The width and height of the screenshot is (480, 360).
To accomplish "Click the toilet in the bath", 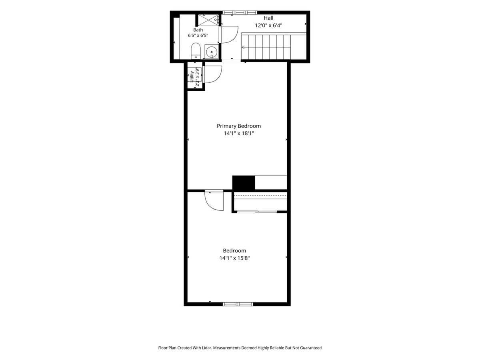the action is pos(196,51).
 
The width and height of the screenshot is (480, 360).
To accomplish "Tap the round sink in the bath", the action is pos(212,52).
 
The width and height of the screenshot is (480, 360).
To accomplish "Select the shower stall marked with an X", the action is pos(208,20).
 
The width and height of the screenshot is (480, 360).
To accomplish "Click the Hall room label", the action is pos(268,18).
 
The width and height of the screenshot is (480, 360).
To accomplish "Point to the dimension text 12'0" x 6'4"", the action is pos(268,26).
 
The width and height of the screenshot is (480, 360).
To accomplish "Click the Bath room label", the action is pos(198,30).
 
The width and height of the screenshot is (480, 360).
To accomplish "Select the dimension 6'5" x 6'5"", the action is pos(198,36).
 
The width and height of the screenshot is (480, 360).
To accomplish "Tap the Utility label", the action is pos(192,77).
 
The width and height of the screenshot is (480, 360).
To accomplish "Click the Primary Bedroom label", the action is pos(238,126).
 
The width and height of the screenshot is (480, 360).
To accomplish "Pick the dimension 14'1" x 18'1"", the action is pos(238,133).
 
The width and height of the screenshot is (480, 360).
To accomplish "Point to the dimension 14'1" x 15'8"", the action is pos(234,258).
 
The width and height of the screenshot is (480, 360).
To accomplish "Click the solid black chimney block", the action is pos(243,183).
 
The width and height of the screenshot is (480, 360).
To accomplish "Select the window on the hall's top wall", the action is pos(240,12).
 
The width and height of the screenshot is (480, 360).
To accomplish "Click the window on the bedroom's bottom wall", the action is pos(238,304).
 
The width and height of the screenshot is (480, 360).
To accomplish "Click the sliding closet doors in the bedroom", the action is pos(257,212).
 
